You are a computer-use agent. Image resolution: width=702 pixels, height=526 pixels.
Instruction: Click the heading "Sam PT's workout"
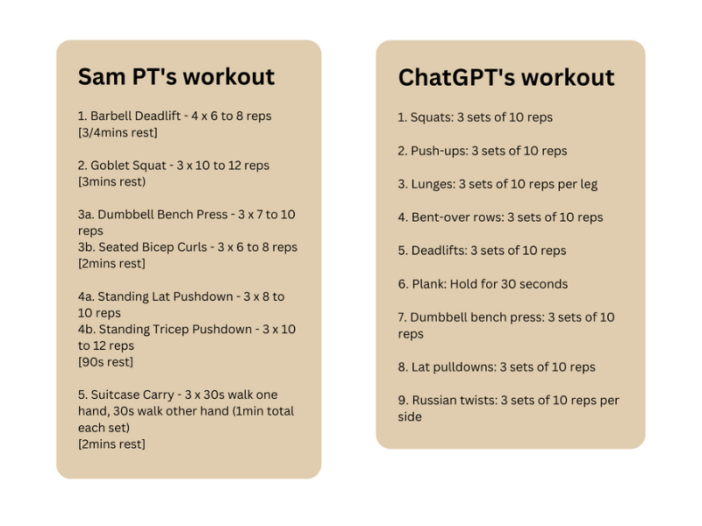(x=176, y=76)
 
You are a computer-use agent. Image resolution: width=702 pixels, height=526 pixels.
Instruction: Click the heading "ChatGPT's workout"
(x=506, y=77)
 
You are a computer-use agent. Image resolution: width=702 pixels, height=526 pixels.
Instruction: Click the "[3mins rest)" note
(x=111, y=181)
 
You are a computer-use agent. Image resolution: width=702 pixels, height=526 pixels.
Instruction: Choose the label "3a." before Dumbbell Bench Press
(x=86, y=215)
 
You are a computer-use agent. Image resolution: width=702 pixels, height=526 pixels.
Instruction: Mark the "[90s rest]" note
(x=105, y=362)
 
